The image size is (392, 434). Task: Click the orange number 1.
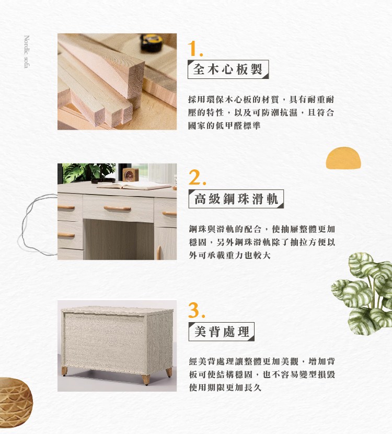pyautogui.click(x=195, y=49)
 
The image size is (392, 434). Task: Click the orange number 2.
pyautogui.click(x=197, y=177)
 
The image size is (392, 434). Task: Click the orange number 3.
pyautogui.click(x=197, y=310)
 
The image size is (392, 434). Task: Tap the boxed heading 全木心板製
pyautogui.click(x=228, y=69)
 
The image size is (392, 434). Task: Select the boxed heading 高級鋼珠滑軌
pyautogui.click(x=236, y=199)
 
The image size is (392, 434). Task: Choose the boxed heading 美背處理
pyautogui.click(x=221, y=332)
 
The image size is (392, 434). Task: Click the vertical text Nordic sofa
pyautogui.click(x=27, y=51)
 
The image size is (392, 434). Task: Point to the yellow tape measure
pyautogui.click(x=151, y=43)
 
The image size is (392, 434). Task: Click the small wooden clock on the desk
pyautogui.click(x=130, y=175)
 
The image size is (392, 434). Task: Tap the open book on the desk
pyautogui.click(x=134, y=186)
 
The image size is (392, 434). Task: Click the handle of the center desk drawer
pyautogui.click(x=117, y=208)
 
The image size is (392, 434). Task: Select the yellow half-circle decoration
pyautogui.click(x=343, y=158)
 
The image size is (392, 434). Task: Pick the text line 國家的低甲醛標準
pyautogui.click(x=224, y=126)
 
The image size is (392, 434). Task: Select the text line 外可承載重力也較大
pyautogui.click(x=229, y=255)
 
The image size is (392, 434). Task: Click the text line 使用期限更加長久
pyautogui.click(x=225, y=387)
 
